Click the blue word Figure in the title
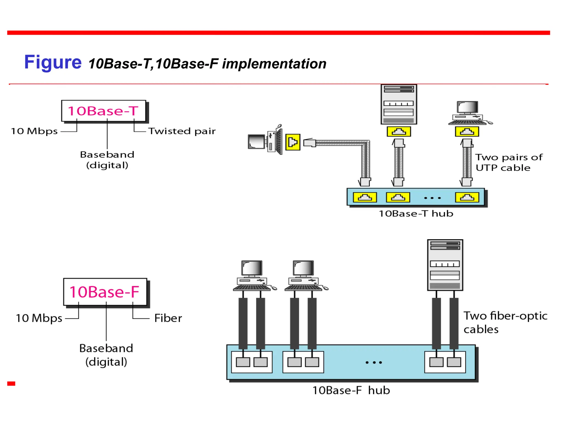(53, 62)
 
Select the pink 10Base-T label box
(103, 111)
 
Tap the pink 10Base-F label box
(105, 292)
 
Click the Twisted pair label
(182, 131)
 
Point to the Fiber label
(168, 318)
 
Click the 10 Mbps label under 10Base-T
(34, 131)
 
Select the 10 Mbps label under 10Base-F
(39, 318)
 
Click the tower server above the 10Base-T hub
(399, 104)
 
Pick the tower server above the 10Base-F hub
(445, 265)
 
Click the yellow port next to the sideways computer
(293, 142)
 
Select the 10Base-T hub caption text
(416, 214)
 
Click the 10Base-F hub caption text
(351, 390)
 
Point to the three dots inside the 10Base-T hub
(432, 198)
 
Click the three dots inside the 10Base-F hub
(373, 362)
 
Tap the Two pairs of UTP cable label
(508, 163)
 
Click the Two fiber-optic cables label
(505, 323)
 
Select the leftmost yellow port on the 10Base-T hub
(365, 197)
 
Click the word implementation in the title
(274, 64)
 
